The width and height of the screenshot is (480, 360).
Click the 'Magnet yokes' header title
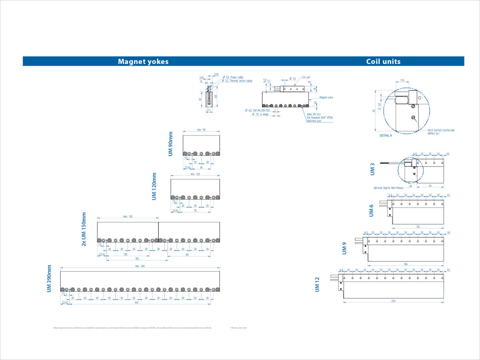click(143, 62)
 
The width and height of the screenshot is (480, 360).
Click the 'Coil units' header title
click(383, 62)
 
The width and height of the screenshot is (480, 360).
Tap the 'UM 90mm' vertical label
click(171, 144)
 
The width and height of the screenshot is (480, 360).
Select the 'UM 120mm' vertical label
click(154, 186)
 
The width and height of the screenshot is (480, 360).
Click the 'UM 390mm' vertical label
click(49, 279)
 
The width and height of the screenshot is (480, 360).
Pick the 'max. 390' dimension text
click(140, 266)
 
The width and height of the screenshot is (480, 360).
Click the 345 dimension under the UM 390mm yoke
click(136, 303)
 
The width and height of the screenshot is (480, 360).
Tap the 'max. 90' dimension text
click(201, 130)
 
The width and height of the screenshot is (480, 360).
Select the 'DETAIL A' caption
click(386, 136)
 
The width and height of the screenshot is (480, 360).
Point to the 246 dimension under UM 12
click(393, 301)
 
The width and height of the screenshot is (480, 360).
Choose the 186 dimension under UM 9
click(406, 264)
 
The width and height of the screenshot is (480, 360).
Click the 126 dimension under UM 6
click(418, 227)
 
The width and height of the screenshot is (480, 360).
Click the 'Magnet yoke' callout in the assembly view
click(326, 97)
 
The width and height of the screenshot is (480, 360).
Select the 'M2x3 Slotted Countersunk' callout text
click(441, 130)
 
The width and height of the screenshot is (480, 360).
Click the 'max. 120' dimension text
click(195, 174)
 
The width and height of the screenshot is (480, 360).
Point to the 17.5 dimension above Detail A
click(402, 81)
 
